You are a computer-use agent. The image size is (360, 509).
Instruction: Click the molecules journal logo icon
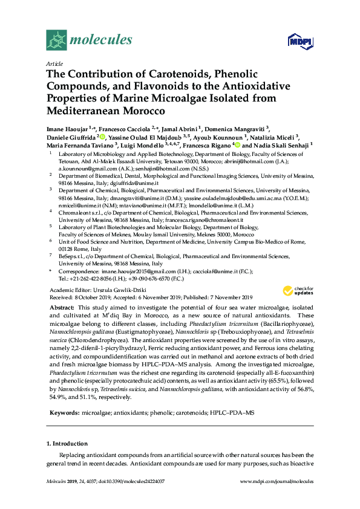[x=56, y=40]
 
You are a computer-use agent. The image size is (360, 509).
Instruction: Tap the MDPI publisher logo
[x=300, y=41]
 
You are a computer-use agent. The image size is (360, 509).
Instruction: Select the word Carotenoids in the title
[x=180, y=74]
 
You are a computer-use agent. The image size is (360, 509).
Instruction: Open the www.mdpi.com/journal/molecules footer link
[x=277, y=498]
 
